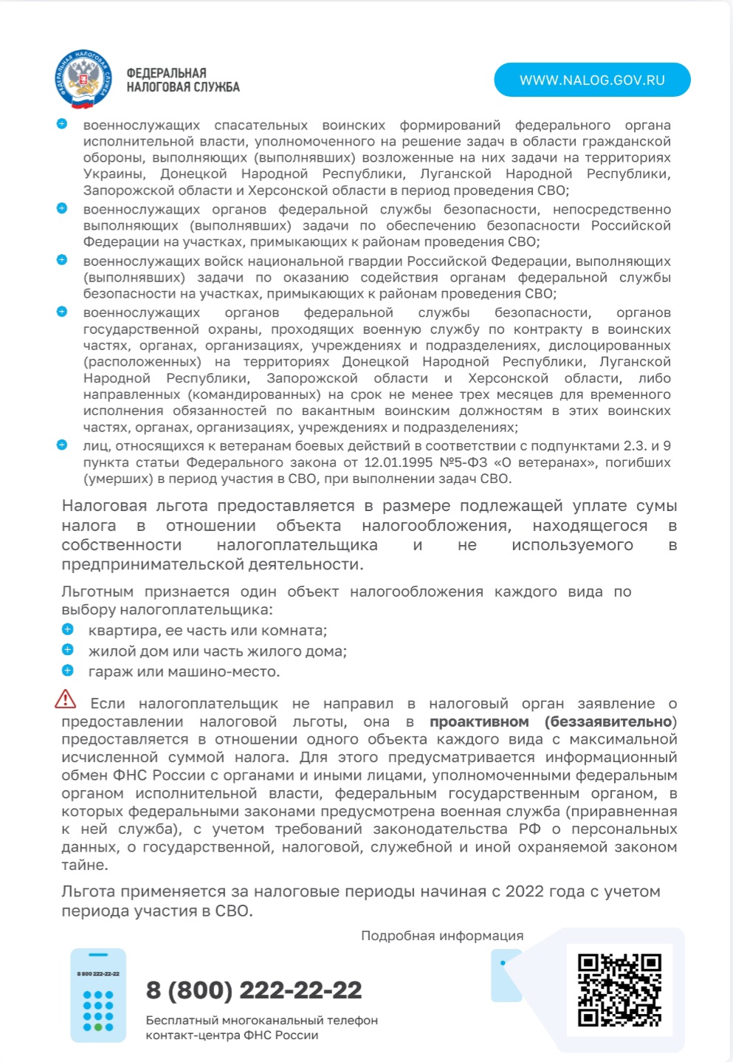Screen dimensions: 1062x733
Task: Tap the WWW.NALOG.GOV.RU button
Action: point(592,80)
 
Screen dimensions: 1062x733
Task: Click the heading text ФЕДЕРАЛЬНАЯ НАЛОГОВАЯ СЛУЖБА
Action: point(182,80)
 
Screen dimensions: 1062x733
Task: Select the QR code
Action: point(619,990)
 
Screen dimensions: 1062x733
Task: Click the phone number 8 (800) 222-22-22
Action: point(254,990)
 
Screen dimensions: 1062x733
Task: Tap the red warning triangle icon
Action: point(66,699)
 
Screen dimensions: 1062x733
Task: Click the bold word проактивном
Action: point(479,722)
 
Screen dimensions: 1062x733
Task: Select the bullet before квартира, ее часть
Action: point(68,630)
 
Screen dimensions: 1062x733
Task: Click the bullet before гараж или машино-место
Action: point(68,671)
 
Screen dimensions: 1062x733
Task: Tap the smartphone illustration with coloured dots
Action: point(98,996)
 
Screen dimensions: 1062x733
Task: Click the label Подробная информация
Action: point(442,936)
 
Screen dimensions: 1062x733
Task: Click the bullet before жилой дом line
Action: point(68,650)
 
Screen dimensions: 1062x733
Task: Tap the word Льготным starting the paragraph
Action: point(97,592)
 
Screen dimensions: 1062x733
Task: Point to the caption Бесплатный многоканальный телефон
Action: point(261,1020)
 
